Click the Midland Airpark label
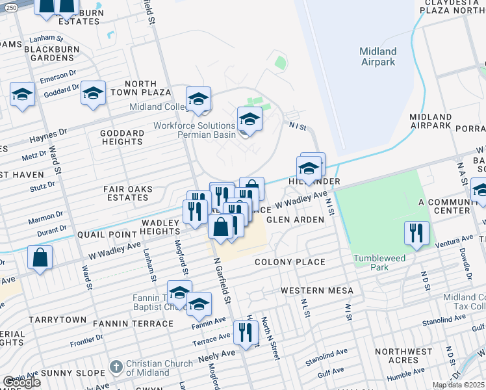click(x=378, y=57)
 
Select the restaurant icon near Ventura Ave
click(x=415, y=233)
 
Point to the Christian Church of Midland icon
click(x=116, y=367)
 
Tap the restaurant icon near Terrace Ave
click(x=245, y=333)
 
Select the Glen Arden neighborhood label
click(x=296, y=220)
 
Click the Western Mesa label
click(x=316, y=290)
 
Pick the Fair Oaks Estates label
click(x=127, y=193)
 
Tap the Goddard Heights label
click(x=123, y=137)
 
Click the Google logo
click(x=21, y=382)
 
